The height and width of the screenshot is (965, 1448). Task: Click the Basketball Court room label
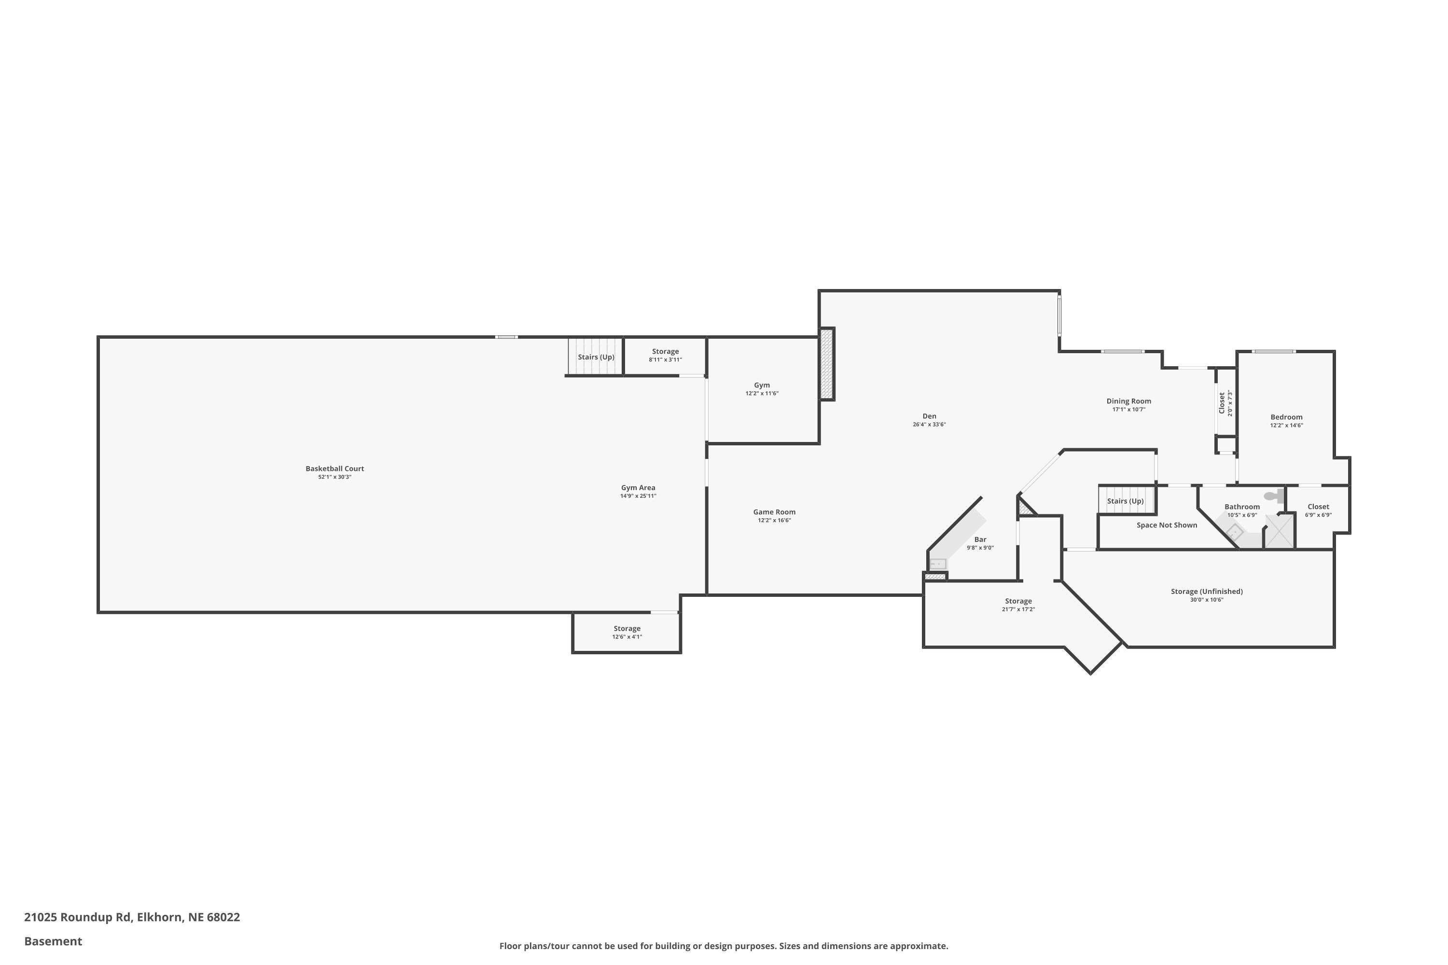click(x=335, y=469)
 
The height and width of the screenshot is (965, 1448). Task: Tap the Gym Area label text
click(x=638, y=488)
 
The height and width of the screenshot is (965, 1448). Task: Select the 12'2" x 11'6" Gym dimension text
click(x=762, y=393)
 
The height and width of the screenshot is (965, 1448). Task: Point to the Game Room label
click(x=775, y=512)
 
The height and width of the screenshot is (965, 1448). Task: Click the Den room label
click(x=929, y=416)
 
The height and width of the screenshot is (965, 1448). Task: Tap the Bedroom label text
click(x=1287, y=417)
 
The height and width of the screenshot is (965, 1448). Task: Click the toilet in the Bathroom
click(x=1274, y=496)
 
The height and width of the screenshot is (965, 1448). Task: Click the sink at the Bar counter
click(x=938, y=564)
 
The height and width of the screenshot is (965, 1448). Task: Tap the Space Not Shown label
click(x=1167, y=525)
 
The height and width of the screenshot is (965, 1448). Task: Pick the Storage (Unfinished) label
click(x=1207, y=592)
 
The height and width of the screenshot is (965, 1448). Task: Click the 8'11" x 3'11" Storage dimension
click(x=666, y=359)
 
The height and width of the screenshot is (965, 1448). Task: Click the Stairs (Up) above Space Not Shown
click(x=1126, y=500)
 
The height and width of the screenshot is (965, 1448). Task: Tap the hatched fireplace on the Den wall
click(x=827, y=364)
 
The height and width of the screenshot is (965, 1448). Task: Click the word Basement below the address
click(x=53, y=941)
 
